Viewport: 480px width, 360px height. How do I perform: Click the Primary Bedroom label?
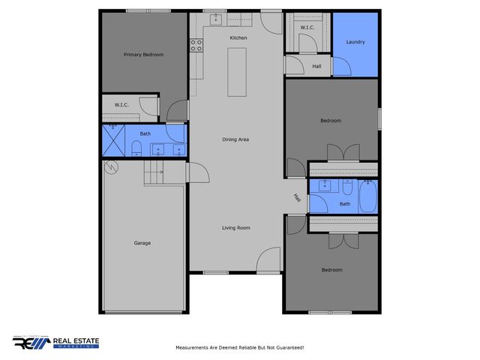pyautogui.click(x=143, y=55)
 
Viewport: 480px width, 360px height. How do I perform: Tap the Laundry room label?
pyautogui.click(x=355, y=42)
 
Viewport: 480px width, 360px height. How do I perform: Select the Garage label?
pyautogui.click(x=142, y=243)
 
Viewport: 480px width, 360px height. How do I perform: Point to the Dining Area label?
pyautogui.click(x=235, y=140)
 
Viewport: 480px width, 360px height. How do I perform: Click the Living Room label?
pyautogui.click(x=235, y=227)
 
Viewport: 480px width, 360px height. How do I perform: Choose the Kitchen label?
pyautogui.click(x=238, y=37)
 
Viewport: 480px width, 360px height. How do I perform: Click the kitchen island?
pyautogui.click(x=237, y=71)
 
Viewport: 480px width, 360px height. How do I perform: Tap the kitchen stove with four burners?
pyautogui.click(x=196, y=45)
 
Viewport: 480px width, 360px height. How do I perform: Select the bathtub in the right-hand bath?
pyautogui.click(x=367, y=196)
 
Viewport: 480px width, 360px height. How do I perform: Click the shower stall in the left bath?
pyautogui.click(x=114, y=140)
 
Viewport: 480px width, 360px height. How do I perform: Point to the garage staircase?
pyautogui.click(x=154, y=173)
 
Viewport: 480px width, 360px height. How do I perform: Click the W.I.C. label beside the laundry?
pyautogui.click(x=307, y=28)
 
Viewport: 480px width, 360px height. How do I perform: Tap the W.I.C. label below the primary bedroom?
pyautogui.click(x=121, y=105)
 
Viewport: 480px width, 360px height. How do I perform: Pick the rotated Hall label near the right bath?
pyautogui.click(x=297, y=199)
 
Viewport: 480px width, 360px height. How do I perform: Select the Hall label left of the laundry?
pyautogui.click(x=317, y=65)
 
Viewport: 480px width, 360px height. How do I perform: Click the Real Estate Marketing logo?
pyautogui.click(x=55, y=343)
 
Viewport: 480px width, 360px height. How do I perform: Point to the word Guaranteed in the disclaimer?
pyautogui.click(x=288, y=348)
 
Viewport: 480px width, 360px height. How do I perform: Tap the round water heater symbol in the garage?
pyautogui.click(x=111, y=166)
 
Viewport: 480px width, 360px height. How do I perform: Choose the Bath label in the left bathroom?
pyautogui.click(x=145, y=134)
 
